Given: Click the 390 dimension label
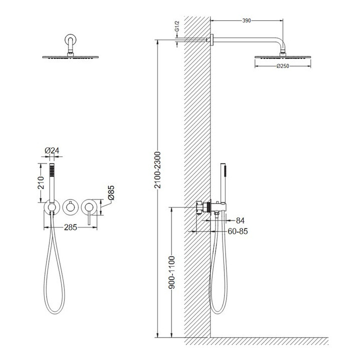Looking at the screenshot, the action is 246,20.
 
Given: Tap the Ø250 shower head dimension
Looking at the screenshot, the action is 283,66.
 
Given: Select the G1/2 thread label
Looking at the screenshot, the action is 177,26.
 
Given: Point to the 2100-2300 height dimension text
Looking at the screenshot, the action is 157,170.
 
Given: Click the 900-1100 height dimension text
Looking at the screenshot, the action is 171,272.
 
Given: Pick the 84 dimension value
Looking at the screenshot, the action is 240,220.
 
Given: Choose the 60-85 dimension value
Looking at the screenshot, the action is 237,231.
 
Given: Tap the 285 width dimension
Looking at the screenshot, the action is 70,227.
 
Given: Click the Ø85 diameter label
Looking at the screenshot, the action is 111,192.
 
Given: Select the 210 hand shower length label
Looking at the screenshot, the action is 41,183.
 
